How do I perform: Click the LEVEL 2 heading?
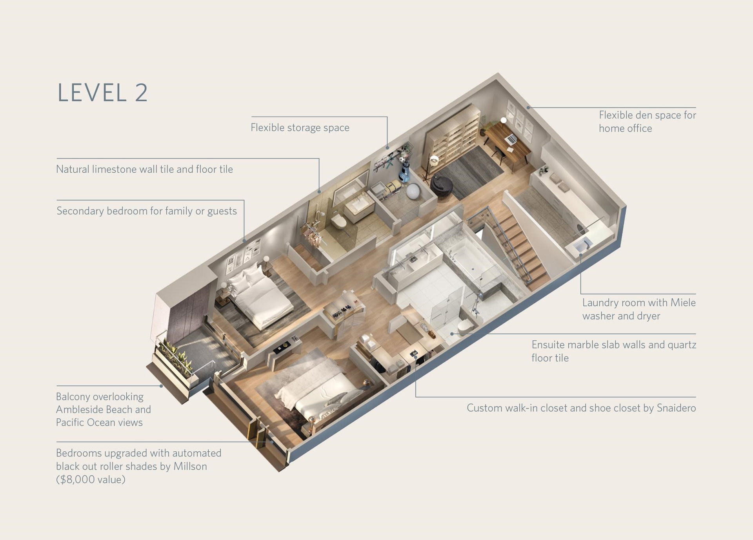(103, 93)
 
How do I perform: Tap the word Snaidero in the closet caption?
(676, 408)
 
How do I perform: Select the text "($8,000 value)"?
(91, 480)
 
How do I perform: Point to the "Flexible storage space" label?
(300, 128)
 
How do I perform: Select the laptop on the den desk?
(511, 139)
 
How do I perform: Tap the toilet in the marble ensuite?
(466, 327)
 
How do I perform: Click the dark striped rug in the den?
(469, 173)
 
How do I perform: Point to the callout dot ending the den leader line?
(529, 107)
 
